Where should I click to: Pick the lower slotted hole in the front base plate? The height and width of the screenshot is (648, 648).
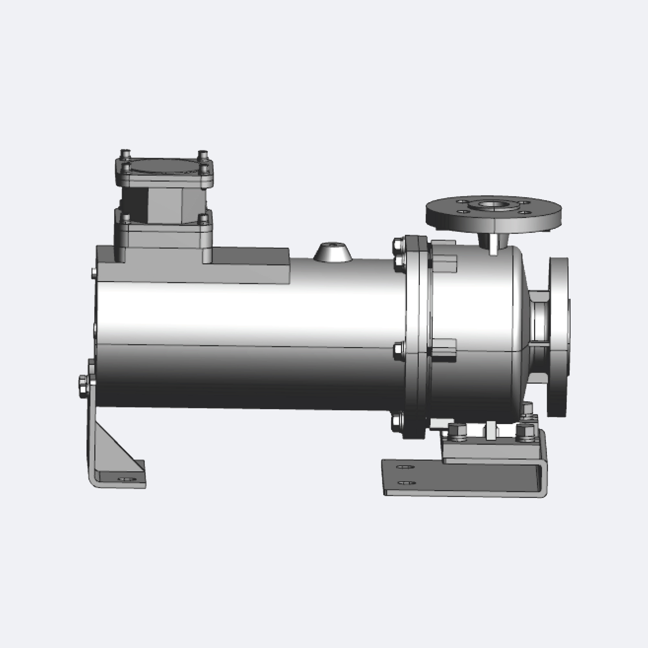click(406, 483)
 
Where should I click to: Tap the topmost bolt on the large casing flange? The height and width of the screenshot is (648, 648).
click(398, 245)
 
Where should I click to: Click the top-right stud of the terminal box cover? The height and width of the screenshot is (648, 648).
click(202, 155)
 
